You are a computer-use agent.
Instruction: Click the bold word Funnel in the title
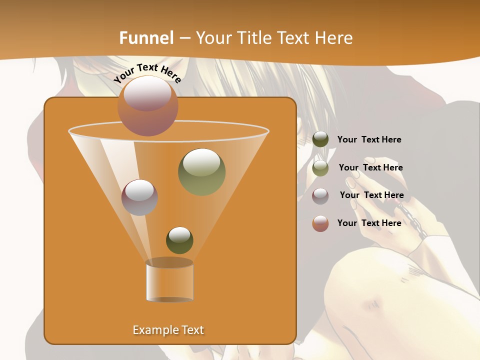[146, 38]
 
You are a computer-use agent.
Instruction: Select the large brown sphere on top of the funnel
[148, 105]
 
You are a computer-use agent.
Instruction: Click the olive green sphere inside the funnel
[201, 171]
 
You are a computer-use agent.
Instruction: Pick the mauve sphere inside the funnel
[139, 197]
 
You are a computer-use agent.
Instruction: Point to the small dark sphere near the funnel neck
[179, 240]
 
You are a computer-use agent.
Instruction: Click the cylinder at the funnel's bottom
[169, 282]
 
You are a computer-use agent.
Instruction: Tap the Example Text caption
[168, 330]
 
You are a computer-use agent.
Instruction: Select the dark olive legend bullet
[320, 139]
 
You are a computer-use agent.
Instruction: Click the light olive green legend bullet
[320, 168]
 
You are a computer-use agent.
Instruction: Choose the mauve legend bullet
[320, 195]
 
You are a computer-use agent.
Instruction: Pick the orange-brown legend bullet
[320, 223]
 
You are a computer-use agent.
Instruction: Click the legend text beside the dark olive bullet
[369, 140]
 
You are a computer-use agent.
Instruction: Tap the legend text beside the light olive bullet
[370, 167]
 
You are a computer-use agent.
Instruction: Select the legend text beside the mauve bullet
[371, 195]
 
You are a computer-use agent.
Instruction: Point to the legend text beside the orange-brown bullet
[369, 223]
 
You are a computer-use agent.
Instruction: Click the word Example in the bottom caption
[151, 330]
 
